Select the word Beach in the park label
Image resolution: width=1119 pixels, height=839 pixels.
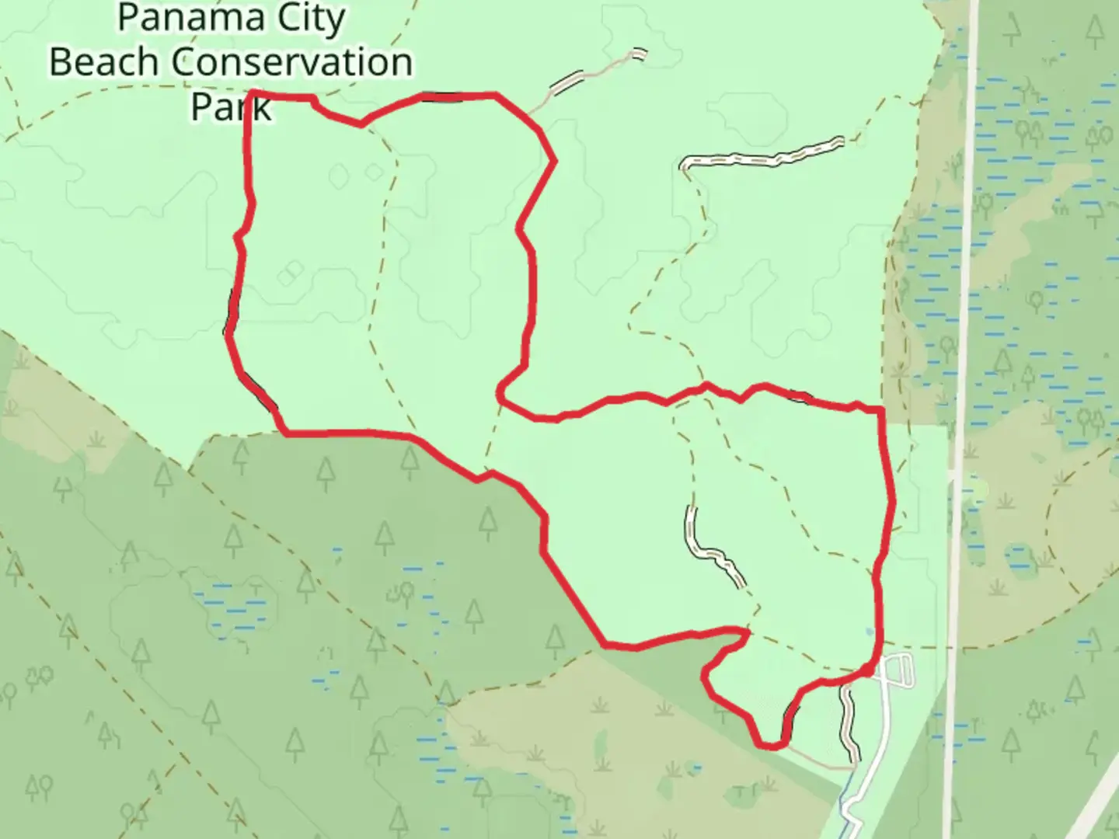pos(107,62)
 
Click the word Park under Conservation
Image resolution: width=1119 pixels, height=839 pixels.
pos(231,106)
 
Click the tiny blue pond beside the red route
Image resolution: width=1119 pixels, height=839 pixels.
pos(869,632)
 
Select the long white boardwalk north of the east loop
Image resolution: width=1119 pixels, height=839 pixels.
pos(762,155)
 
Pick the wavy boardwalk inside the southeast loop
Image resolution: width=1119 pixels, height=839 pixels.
pos(713,548)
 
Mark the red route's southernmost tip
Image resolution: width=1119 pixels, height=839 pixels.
pos(769,747)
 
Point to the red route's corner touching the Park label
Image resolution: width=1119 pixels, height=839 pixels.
pos(250,95)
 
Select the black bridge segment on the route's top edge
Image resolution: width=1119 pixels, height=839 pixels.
pos(443,97)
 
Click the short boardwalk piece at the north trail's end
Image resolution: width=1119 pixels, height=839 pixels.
pos(638,54)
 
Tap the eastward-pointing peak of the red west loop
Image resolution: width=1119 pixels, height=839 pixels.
pos(554,161)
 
